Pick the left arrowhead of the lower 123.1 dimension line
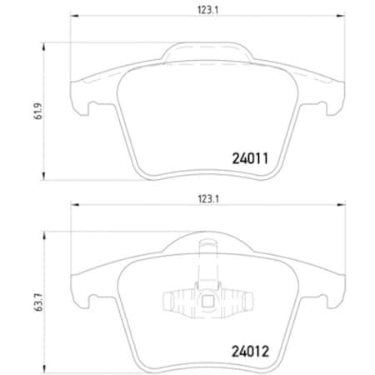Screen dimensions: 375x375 coord(72,207)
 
